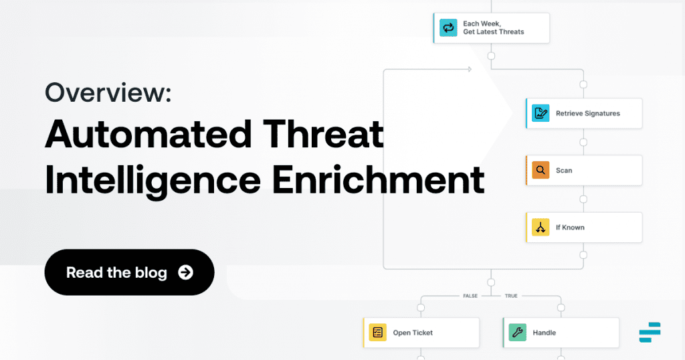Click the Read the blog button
(129, 272)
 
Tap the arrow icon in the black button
(185, 272)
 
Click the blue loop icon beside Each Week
(447, 27)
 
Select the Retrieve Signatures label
(587, 114)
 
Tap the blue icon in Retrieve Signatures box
(540, 114)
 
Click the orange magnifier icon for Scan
(540, 171)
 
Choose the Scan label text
(564, 171)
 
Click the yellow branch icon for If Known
(540, 228)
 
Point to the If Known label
(570, 228)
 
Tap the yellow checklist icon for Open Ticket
(377, 333)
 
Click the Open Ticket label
(413, 333)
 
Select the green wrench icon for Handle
(517, 333)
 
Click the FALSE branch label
(470, 295)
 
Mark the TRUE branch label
(510, 295)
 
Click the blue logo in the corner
(650, 332)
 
